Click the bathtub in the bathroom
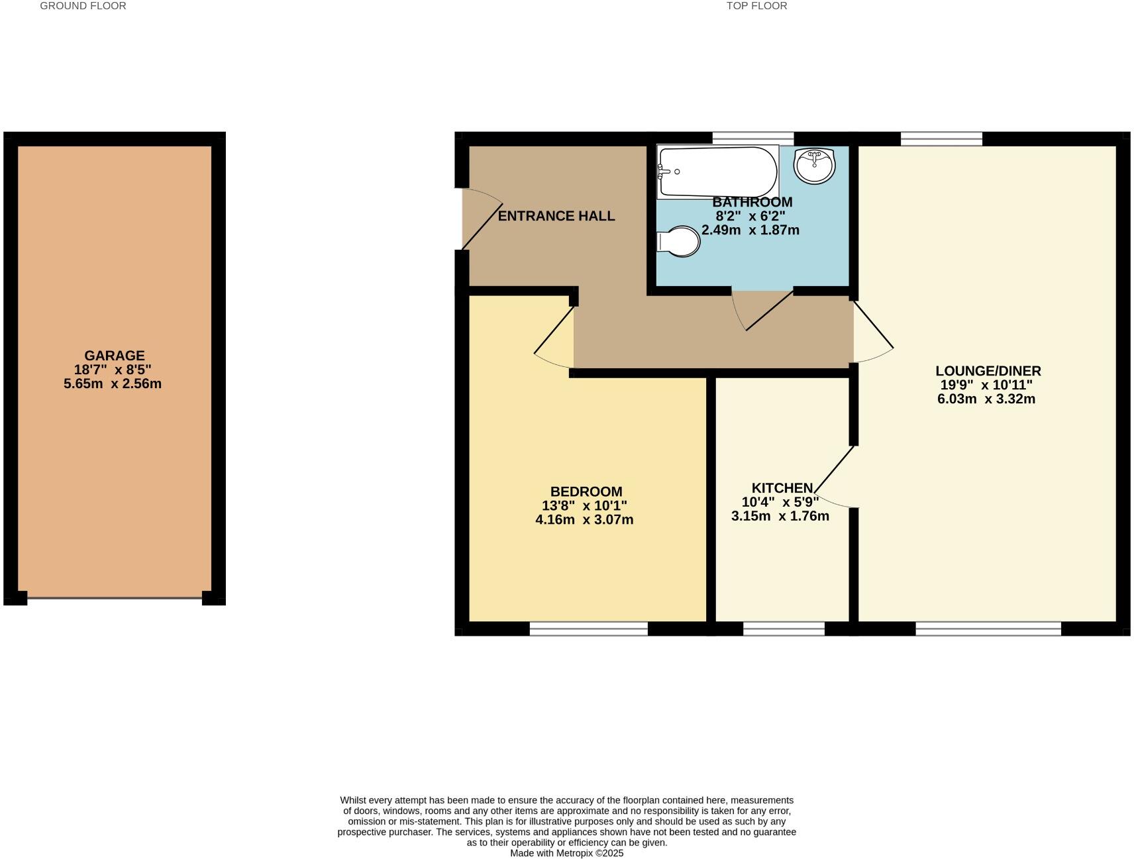717,172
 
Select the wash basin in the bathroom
814,166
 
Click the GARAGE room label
114,356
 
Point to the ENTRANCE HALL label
556,216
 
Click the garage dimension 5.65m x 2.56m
113,384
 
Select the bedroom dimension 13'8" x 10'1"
584,506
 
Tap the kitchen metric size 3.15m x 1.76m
780,516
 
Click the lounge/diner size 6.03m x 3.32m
986,399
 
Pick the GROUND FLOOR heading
83,6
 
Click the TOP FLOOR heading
756,6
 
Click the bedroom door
554,337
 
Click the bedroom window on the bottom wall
588,629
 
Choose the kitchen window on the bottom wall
784,629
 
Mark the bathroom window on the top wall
752,138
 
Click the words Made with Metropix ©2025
566,853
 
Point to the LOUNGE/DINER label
988,371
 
